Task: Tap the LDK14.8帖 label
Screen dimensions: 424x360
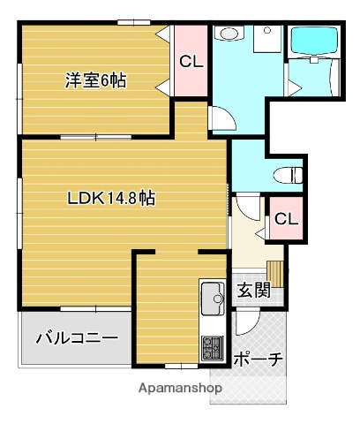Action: [111, 198]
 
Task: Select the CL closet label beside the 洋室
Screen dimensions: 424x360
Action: [190, 62]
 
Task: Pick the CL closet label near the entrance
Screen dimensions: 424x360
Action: [285, 219]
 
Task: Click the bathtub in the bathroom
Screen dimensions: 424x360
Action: [314, 42]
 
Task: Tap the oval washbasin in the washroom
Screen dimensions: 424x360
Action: [228, 34]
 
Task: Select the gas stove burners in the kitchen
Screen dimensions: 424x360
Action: [213, 346]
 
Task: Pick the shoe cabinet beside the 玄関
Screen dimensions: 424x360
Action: [276, 275]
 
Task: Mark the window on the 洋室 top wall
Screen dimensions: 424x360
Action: [132, 21]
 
